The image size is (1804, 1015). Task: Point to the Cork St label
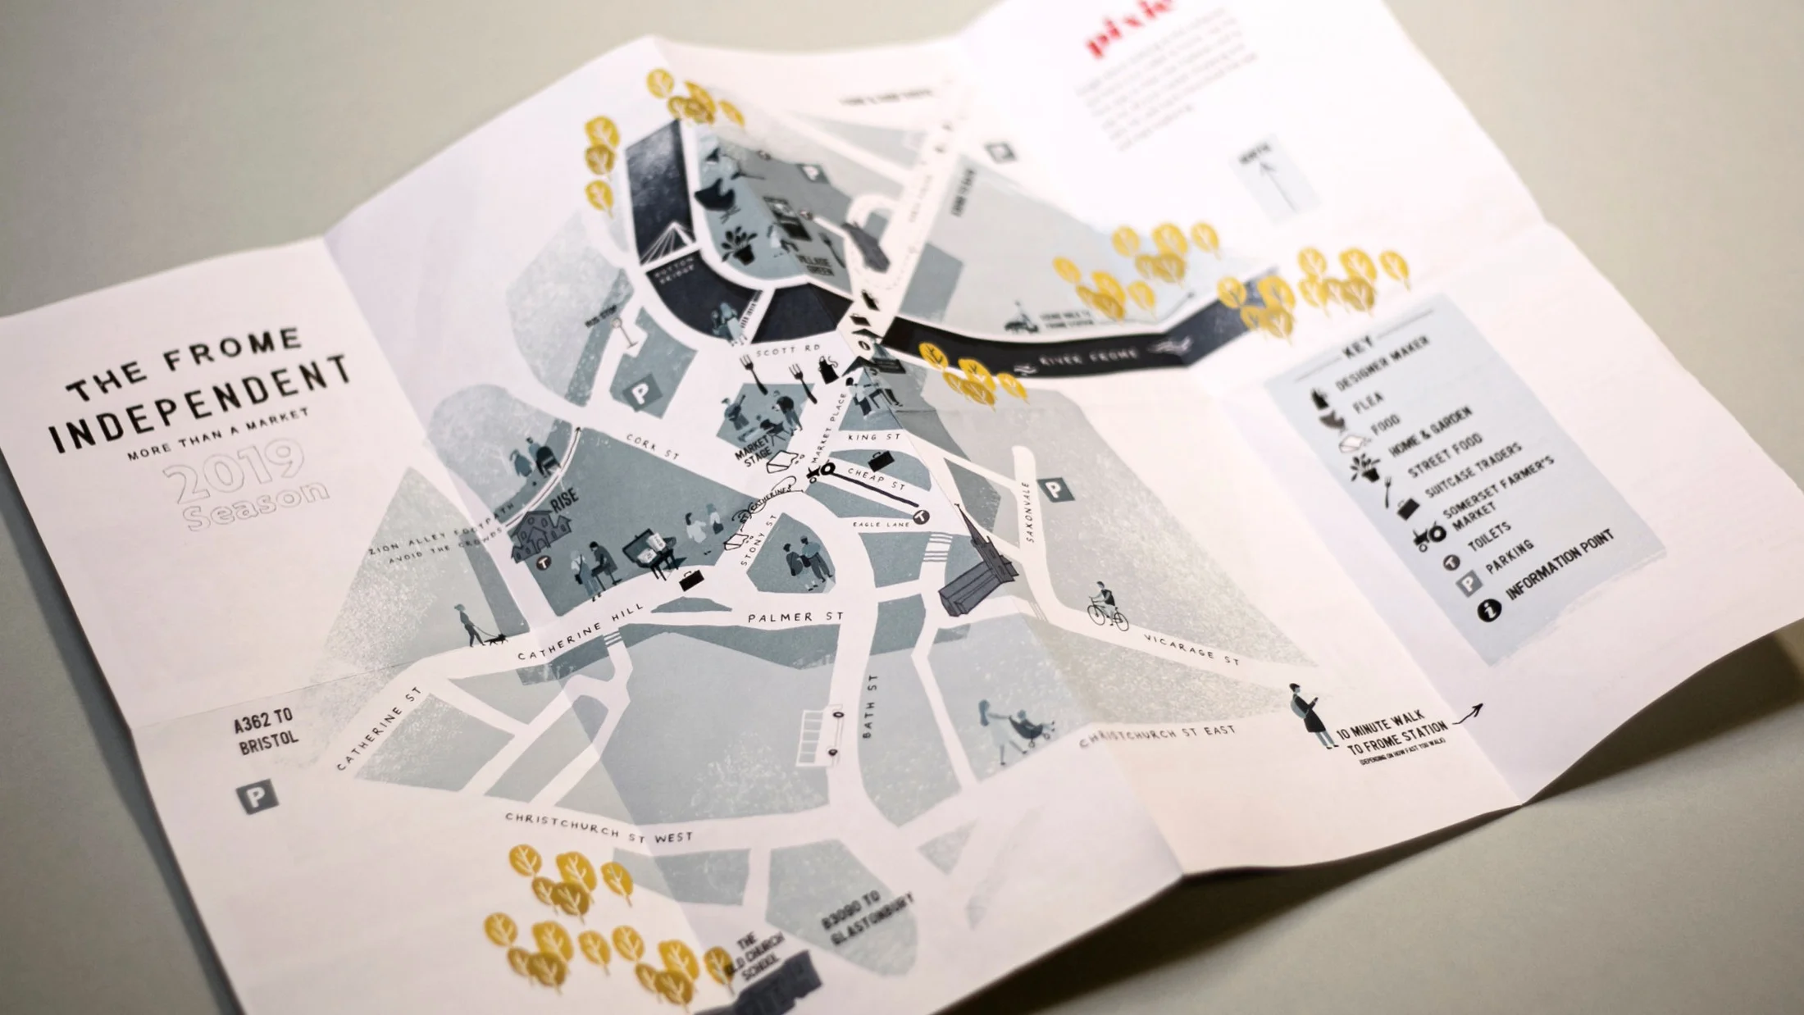(x=653, y=447)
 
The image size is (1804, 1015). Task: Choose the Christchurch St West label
(x=599, y=828)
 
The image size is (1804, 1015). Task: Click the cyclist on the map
(x=1107, y=607)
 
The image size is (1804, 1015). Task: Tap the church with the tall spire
(x=980, y=566)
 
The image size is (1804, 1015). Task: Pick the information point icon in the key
(x=1490, y=609)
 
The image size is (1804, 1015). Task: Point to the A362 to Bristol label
(x=265, y=732)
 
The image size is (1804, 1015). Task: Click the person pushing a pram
(x=1009, y=730)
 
